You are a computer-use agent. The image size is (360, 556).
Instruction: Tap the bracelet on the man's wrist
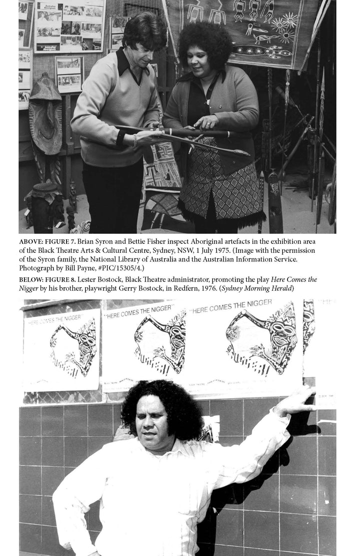point(134,141)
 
